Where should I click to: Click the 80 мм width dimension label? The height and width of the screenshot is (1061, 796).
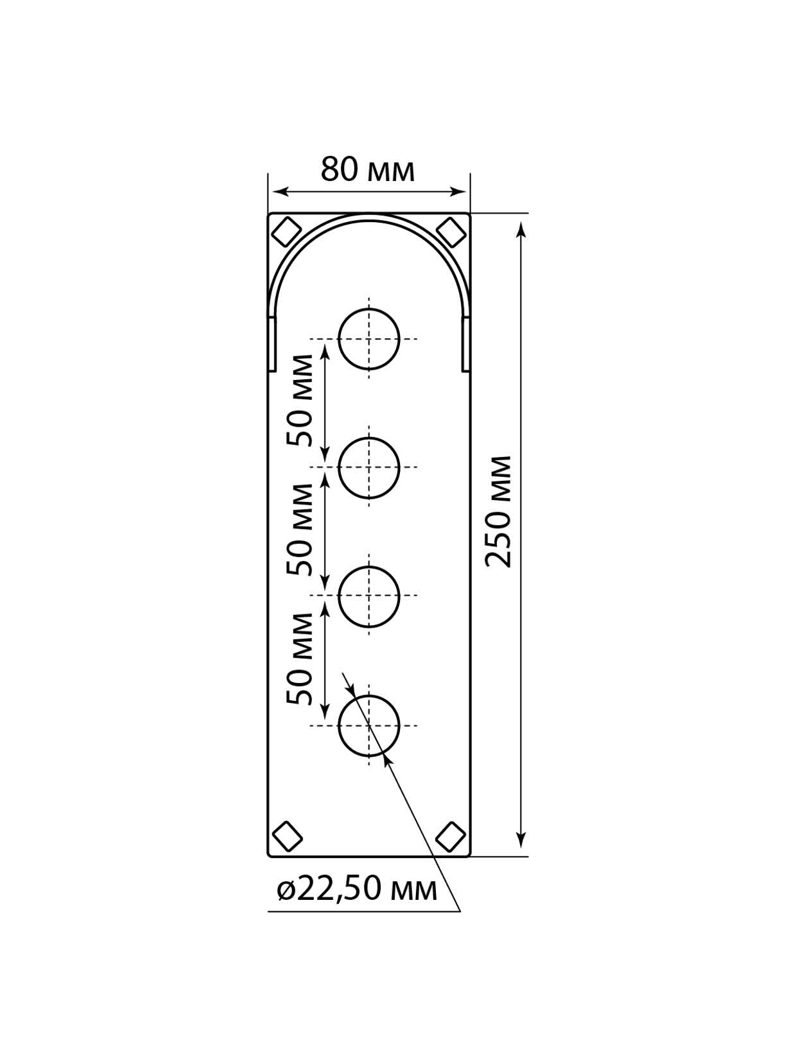coord(368,169)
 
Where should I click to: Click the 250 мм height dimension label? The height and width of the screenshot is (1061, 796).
coord(499,512)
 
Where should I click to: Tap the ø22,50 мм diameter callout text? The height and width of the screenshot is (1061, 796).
coord(358,890)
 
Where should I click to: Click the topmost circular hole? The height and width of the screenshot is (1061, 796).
coord(369,339)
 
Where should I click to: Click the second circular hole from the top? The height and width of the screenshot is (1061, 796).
coord(369,468)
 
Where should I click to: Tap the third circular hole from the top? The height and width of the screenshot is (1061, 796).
coord(369,596)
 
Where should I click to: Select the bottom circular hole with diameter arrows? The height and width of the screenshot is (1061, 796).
coord(369,726)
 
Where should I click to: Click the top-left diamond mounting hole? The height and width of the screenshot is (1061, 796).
coord(286,232)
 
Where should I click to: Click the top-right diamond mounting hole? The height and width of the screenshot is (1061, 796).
coord(451,232)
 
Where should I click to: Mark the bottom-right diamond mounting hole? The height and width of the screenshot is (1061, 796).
coord(451,836)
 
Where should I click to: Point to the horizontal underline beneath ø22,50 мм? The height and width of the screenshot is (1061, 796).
coord(363,911)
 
